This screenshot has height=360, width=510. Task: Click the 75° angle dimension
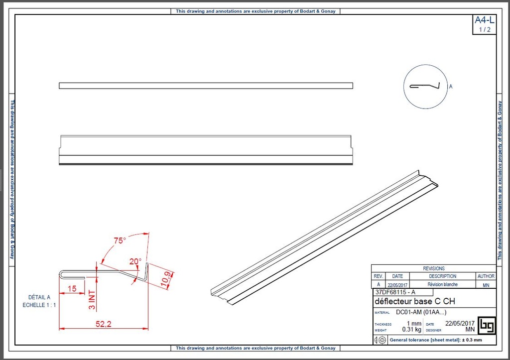coord(120,240)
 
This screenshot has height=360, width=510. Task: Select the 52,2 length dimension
coord(103,324)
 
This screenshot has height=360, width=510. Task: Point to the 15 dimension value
coord(72,288)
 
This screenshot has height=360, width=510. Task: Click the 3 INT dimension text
coord(92,300)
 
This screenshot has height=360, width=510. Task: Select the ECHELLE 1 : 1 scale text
coord(39,305)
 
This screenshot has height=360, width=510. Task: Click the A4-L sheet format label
coord(484,20)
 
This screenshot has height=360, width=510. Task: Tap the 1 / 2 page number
coord(484,29)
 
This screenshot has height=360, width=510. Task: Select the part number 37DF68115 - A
coord(395,292)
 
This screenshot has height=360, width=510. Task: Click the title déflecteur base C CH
coord(414,301)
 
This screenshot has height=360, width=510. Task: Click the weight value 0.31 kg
coord(411,330)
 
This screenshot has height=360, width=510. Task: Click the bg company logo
coord(487,325)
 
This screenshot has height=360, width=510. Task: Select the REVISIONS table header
coord(433,268)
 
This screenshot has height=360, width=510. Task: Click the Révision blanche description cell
coord(442,285)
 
